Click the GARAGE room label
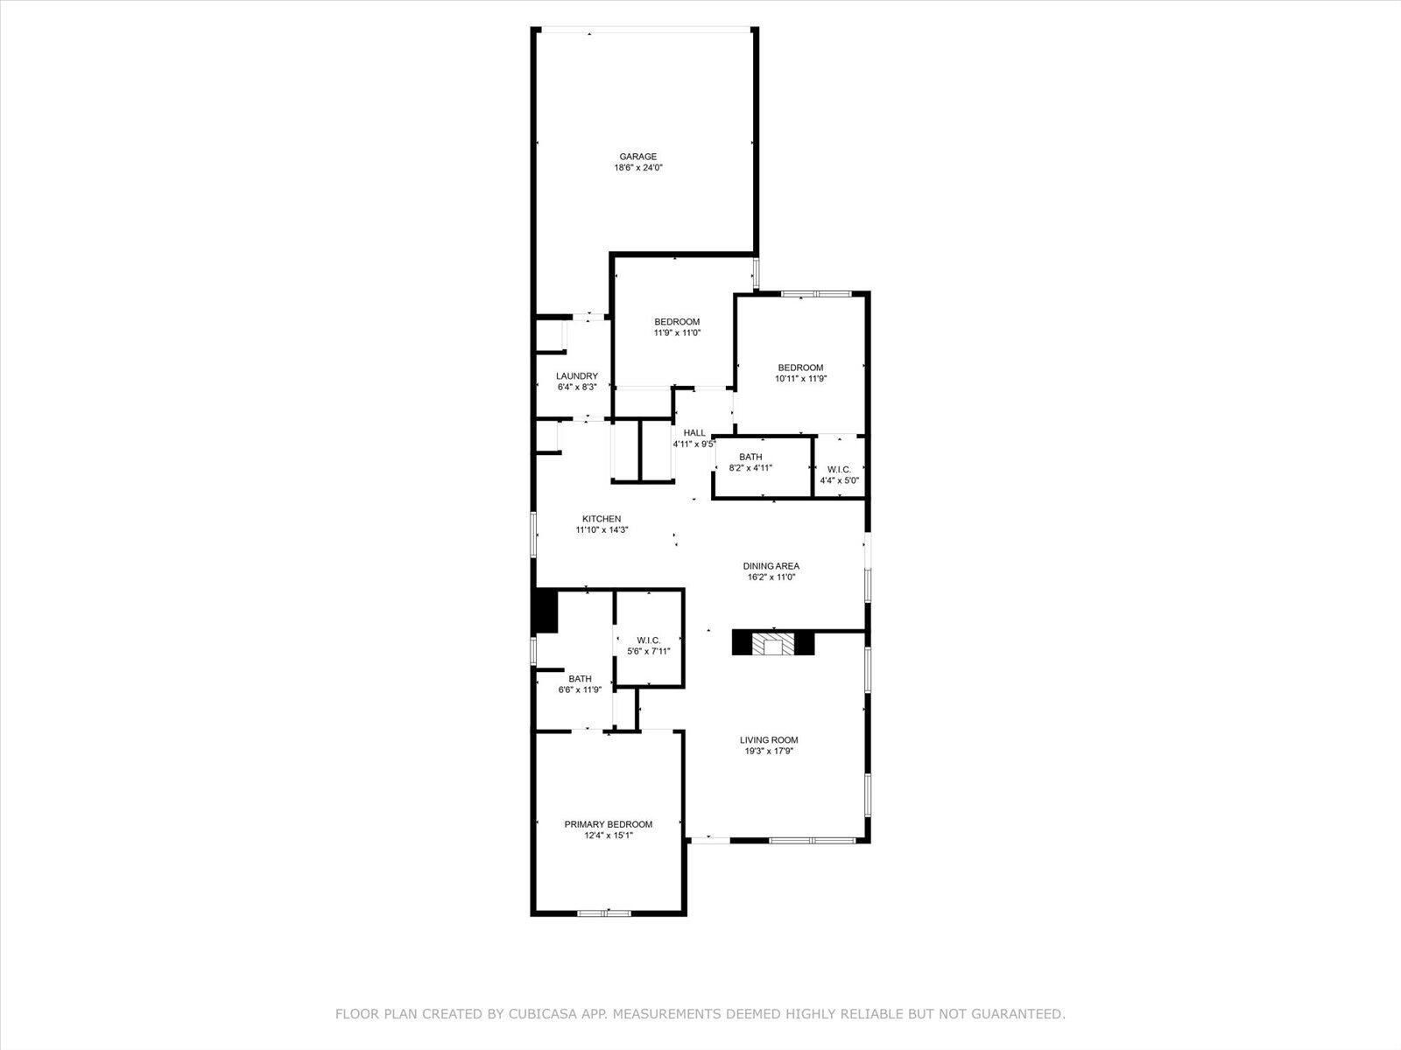tap(638, 157)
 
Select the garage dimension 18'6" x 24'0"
tap(638, 167)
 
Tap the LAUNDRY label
tap(577, 376)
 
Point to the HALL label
tap(694, 432)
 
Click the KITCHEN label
tap(602, 519)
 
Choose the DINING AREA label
tap(771, 566)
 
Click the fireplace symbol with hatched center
tap(773, 645)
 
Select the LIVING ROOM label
tap(771, 739)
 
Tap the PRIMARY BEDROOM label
tap(609, 824)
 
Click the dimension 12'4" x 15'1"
tap(609, 836)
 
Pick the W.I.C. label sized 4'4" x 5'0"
tap(839, 469)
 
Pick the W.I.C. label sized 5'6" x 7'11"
tap(649, 640)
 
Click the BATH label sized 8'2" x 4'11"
tap(750, 457)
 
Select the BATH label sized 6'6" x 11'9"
tap(580, 678)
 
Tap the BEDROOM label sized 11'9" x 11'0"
tap(677, 322)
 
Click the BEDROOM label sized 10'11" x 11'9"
tap(800, 367)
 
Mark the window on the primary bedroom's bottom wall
tap(604, 913)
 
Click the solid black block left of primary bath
tap(546, 610)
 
